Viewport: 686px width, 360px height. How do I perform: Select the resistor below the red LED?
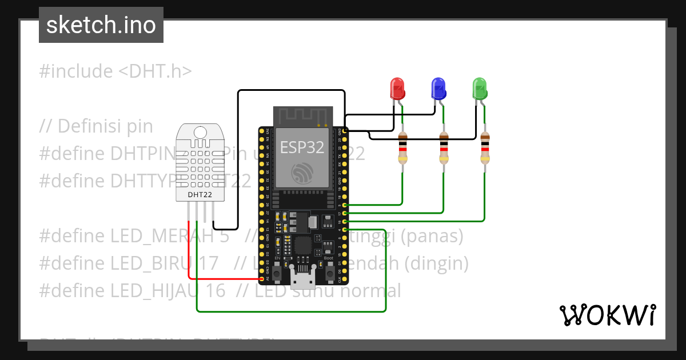pyautogui.click(x=403, y=148)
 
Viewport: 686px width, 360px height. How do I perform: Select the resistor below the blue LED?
pyautogui.click(x=444, y=148)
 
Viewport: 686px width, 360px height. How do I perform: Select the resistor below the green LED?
pyautogui.click(x=485, y=148)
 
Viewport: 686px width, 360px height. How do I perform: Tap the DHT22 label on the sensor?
pyautogui.click(x=200, y=195)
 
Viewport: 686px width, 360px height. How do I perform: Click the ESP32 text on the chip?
pyautogui.click(x=302, y=148)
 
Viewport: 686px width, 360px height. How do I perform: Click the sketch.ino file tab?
pyautogui.click(x=101, y=25)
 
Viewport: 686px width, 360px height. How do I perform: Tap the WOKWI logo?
pyautogui.click(x=607, y=315)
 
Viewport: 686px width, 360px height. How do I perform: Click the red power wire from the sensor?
pyautogui.click(x=223, y=279)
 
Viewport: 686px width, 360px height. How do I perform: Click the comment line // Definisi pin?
pyautogui.click(x=96, y=126)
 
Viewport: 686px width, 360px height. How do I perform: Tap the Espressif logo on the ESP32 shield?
pyautogui.click(x=302, y=173)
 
